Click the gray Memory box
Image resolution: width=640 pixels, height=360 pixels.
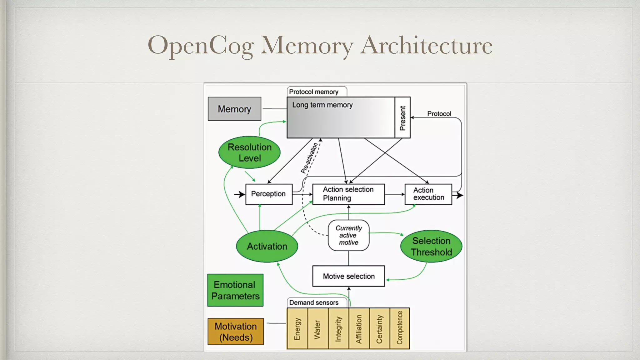(x=234, y=109)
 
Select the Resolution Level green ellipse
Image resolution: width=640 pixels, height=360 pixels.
(x=249, y=152)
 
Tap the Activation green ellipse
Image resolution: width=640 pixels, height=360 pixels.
(x=267, y=246)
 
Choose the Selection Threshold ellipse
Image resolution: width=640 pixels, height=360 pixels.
(x=431, y=246)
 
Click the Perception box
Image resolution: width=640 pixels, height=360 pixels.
(x=269, y=194)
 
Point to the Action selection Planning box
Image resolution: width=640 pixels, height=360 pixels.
(x=348, y=194)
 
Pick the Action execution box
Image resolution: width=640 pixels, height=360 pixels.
(x=428, y=194)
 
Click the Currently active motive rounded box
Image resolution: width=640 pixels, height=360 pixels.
(x=348, y=235)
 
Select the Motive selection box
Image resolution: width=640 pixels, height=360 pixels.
(x=348, y=276)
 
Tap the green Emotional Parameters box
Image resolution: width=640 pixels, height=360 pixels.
(x=235, y=290)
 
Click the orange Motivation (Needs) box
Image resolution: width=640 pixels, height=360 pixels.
(x=236, y=332)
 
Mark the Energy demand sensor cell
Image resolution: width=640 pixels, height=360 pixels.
(x=297, y=328)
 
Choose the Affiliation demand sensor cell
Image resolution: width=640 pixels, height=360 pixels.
(x=359, y=328)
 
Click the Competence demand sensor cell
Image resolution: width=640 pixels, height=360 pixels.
(x=400, y=328)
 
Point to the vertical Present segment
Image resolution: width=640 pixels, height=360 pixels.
(x=402, y=117)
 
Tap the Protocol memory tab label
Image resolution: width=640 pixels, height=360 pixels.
(x=314, y=92)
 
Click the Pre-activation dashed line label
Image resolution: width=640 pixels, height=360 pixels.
(x=309, y=158)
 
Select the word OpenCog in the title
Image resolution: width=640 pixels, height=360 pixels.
(x=200, y=45)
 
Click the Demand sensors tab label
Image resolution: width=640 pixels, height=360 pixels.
(x=314, y=302)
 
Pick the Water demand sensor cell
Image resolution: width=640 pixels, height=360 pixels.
(x=317, y=328)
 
